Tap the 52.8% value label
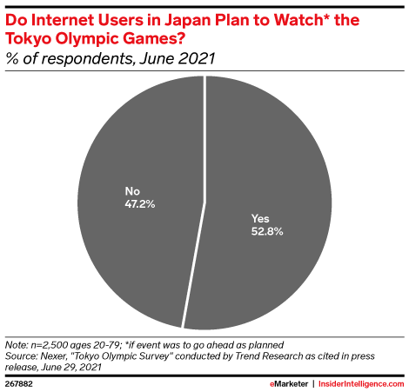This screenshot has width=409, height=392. click(x=263, y=233)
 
